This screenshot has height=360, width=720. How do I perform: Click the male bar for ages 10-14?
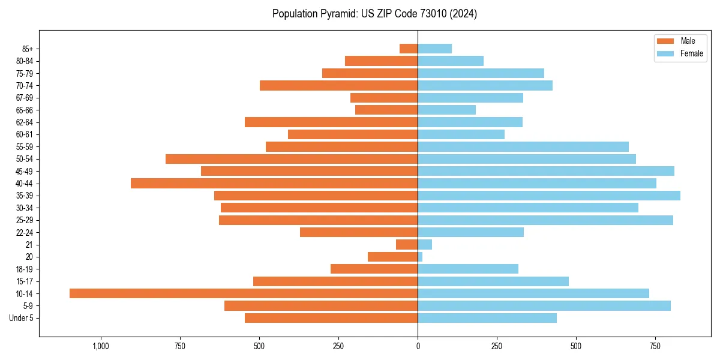[244, 293]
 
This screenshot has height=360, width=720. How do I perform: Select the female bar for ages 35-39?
[549, 196]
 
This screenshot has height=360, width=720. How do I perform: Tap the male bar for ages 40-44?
[274, 183]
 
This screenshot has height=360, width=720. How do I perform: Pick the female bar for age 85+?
[435, 49]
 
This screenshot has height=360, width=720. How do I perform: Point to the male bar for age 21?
[407, 245]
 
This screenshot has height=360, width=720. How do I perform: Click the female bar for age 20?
[421, 257]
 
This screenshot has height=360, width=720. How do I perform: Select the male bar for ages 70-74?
[338, 85]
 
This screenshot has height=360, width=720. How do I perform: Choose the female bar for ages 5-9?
[544, 306]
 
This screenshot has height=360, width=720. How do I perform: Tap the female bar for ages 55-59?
[523, 146]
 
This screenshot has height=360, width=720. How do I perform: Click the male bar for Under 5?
[331, 318]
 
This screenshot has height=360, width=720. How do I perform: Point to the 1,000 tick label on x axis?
[101, 346]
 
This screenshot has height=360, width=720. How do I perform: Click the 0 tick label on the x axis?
[418, 346]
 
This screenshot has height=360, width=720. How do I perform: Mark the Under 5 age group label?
[22, 318]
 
